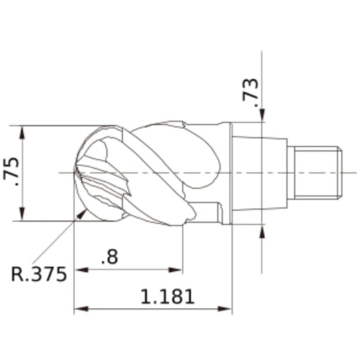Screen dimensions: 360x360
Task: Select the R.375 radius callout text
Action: [x=40, y=274]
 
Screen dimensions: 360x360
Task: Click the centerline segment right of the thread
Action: [x=349, y=173]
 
